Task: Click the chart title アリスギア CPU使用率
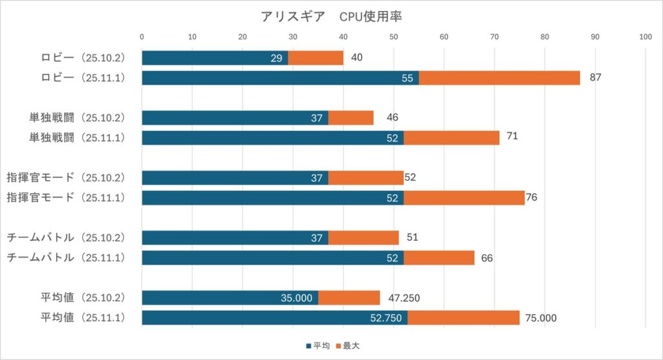pyautogui.click(x=331, y=16)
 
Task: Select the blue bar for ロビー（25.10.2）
pyautogui.click(x=214, y=58)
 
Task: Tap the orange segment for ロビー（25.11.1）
pyautogui.click(x=499, y=78)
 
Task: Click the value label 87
pyautogui.click(x=596, y=78)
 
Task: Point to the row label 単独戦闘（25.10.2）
pyautogui.click(x=76, y=117)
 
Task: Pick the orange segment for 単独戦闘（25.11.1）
pyautogui.click(x=451, y=137)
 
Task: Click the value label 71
pyautogui.click(x=513, y=137)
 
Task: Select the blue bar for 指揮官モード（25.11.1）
pyautogui.click(x=273, y=197)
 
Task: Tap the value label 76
pyautogui.click(x=532, y=197)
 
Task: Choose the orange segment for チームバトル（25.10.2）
pyautogui.click(x=363, y=238)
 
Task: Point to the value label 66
pyautogui.click(x=487, y=258)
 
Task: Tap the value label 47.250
pyautogui.click(x=403, y=298)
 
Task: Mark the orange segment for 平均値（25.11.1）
pyautogui.click(x=463, y=318)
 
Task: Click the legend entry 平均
pyautogui.click(x=319, y=346)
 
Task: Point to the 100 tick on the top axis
pyautogui.click(x=646, y=37)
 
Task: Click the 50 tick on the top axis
pyautogui.click(x=394, y=37)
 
